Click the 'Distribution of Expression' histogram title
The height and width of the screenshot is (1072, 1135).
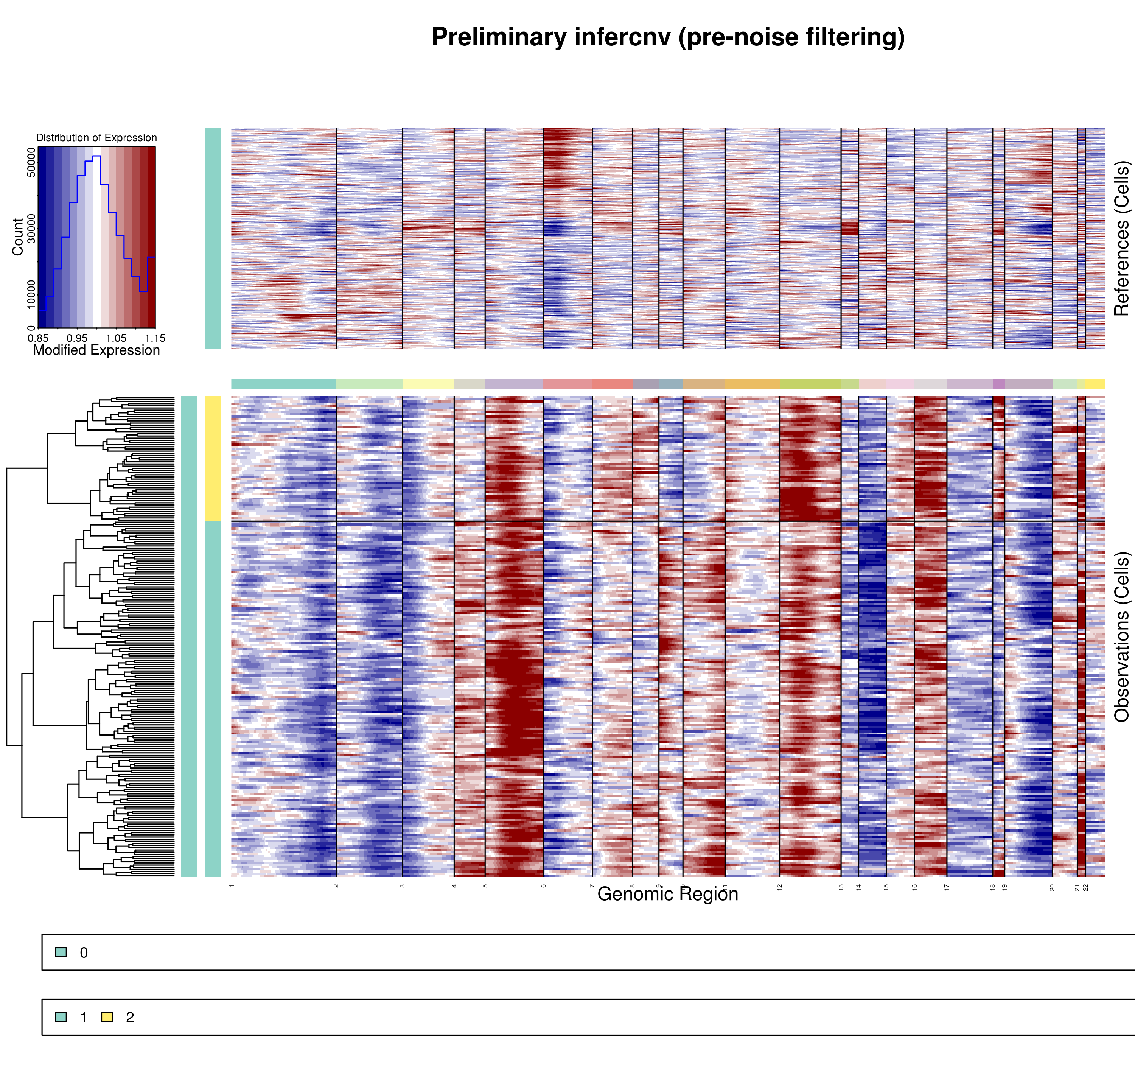coord(96,138)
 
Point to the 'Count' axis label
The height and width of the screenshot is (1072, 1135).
coord(18,236)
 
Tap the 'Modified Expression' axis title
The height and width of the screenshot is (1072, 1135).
coord(96,350)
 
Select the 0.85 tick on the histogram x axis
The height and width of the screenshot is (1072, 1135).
coord(38,338)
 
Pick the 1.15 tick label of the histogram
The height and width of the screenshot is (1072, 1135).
coord(155,338)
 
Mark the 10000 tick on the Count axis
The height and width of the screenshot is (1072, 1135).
coord(31,294)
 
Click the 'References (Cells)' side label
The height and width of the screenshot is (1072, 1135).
coord(1121,238)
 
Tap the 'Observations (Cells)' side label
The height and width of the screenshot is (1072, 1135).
coord(1121,636)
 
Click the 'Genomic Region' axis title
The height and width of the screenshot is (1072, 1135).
coord(668,894)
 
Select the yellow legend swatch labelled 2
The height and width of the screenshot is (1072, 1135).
coord(107,1017)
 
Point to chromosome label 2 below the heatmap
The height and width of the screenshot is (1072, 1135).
coord(336,886)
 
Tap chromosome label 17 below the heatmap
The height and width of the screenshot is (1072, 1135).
coord(947,887)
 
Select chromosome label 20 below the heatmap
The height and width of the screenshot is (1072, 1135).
coord(1052,887)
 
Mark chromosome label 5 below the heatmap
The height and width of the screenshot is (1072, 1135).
coord(485,886)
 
